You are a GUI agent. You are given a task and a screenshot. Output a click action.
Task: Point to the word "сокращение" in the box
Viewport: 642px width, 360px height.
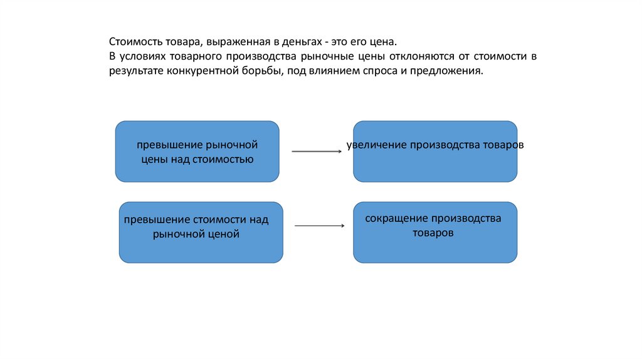pos(396,219)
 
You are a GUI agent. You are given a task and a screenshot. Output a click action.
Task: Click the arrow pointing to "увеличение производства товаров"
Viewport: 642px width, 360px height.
pos(316,151)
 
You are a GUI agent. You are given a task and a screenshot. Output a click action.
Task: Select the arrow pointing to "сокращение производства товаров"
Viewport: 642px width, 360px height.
pos(320,226)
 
